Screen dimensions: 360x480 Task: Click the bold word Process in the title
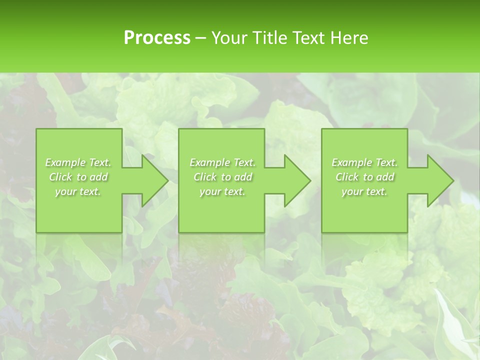[157, 38]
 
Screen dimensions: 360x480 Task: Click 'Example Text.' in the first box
[78, 162]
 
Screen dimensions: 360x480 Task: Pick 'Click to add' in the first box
[78, 177]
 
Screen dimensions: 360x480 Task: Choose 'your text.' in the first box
[78, 191]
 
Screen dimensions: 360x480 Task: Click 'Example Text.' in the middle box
[222, 162]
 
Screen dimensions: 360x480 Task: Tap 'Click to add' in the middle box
[222, 177]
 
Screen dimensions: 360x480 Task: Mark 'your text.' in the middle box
[222, 191]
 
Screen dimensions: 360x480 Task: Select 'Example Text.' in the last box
[364, 162]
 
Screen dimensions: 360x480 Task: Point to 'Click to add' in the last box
[364, 177]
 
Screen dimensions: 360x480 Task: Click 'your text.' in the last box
[364, 191]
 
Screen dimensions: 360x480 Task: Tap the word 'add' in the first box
[99, 177]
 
